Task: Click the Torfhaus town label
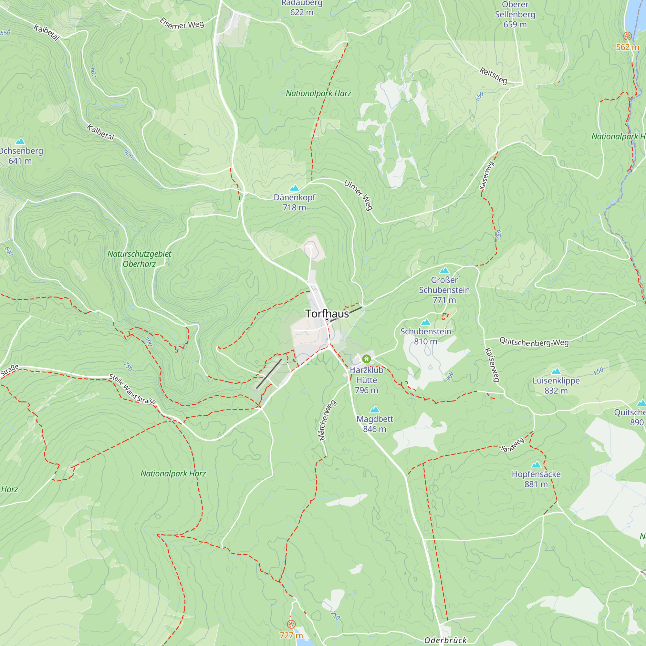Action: tap(327, 314)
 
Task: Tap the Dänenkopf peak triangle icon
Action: tap(294, 188)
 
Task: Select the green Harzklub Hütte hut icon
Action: tap(367, 359)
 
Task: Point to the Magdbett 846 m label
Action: tap(374, 424)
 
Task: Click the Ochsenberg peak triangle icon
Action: tap(20, 141)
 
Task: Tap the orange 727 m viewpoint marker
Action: tap(291, 624)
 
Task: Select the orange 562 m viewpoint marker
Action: tap(628, 36)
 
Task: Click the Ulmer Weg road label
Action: tap(359, 195)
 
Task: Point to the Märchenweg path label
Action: tap(326, 420)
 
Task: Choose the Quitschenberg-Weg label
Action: tap(534, 342)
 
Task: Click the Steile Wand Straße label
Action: tap(133, 390)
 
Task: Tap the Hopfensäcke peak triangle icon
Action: tap(536, 465)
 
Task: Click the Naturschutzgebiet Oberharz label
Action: tap(139, 259)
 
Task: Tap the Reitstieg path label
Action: tap(493, 76)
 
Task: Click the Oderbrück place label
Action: tap(445, 640)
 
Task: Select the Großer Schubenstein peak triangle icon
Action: tap(444, 270)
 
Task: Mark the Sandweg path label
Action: tap(512, 445)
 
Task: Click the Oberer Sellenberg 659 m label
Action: tap(515, 15)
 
